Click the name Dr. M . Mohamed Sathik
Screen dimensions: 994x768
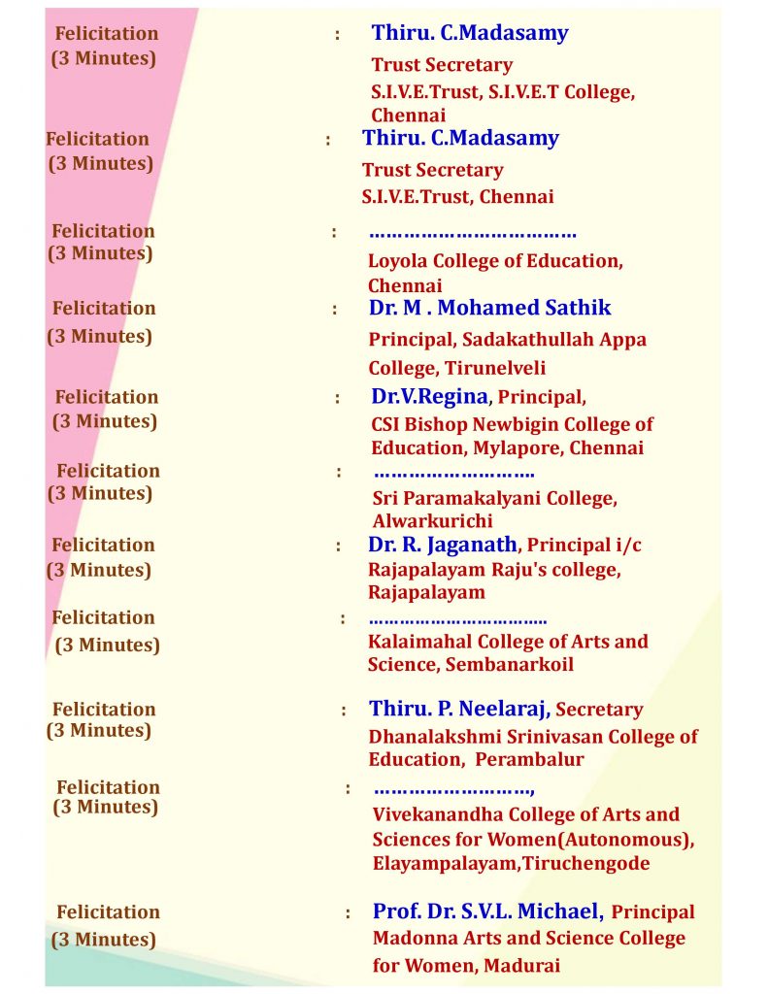(x=489, y=308)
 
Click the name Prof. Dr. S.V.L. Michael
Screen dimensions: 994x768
(x=487, y=911)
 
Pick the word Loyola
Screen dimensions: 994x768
(x=398, y=261)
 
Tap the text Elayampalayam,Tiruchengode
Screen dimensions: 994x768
(x=511, y=863)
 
